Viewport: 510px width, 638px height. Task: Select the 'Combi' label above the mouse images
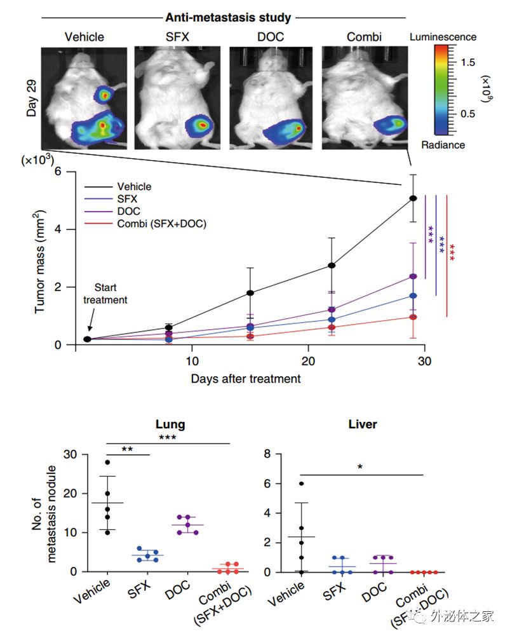click(x=364, y=37)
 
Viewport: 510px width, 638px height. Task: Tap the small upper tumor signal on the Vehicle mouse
click(x=103, y=95)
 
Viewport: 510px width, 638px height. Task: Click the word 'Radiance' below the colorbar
click(x=443, y=145)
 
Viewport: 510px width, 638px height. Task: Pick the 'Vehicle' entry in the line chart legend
click(x=134, y=187)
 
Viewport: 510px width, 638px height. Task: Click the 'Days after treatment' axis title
click(x=245, y=379)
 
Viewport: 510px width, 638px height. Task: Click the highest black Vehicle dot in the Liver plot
click(x=302, y=484)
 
